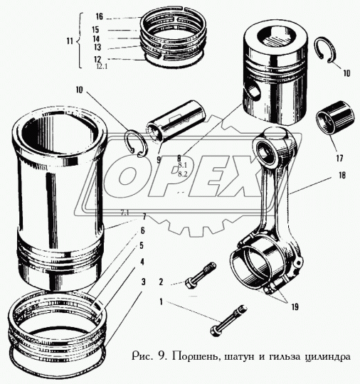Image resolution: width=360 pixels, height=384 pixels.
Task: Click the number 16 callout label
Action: click(x=99, y=16)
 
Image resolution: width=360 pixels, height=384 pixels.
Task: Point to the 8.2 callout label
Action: click(x=182, y=173)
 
